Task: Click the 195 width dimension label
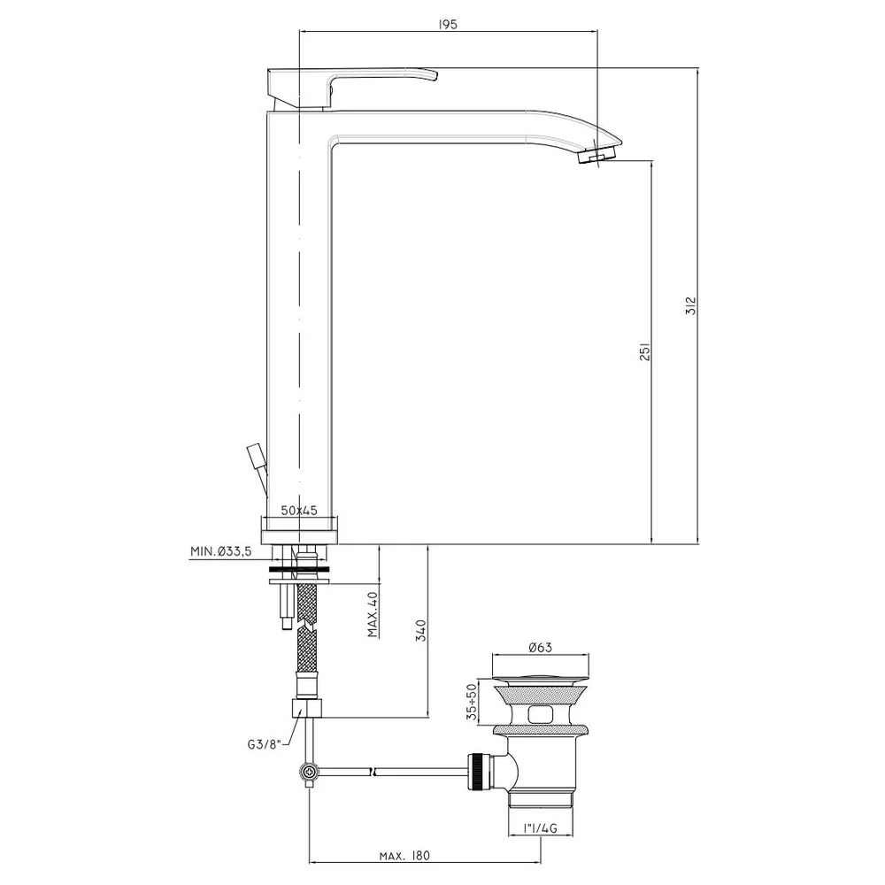(447, 24)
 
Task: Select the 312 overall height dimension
(691, 305)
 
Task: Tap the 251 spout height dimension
(645, 351)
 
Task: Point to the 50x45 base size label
(299, 511)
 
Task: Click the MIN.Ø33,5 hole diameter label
(220, 551)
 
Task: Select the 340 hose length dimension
(420, 630)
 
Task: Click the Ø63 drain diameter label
(540, 648)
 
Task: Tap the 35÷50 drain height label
(472, 702)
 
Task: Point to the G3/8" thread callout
(264, 744)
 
